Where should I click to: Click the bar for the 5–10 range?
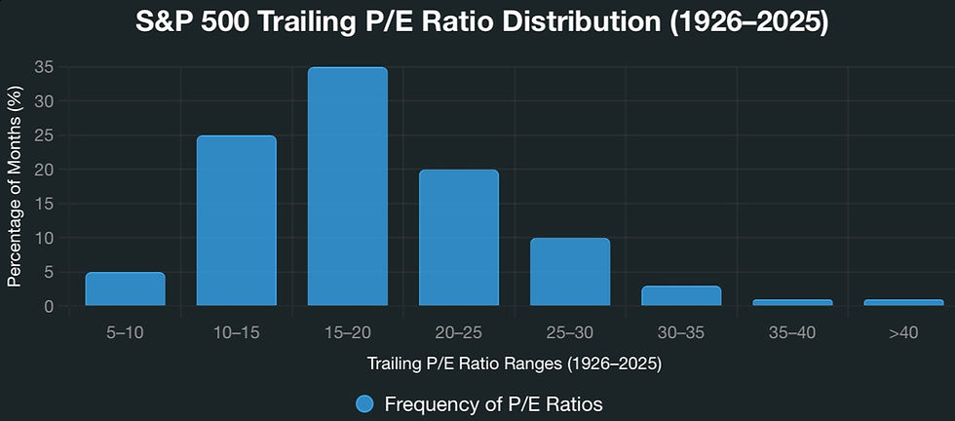tap(125, 289)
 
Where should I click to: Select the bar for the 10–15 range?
tap(236, 221)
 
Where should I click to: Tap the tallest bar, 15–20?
tap(347, 187)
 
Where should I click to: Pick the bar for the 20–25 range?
tap(458, 238)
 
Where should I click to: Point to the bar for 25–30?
tap(570, 272)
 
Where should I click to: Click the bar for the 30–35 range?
tap(681, 296)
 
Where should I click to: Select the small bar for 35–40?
tap(792, 302)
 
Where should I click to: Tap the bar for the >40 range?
tap(903, 302)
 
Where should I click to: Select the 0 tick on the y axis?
tap(48, 306)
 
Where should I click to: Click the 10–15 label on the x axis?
tap(236, 333)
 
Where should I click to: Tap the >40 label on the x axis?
tap(903, 333)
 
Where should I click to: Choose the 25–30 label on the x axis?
tap(570, 333)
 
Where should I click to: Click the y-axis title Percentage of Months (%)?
tap(14, 186)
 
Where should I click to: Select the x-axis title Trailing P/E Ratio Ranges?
tap(514, 364)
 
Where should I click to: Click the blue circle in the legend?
tap(364, 403)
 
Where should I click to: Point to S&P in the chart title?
tap(166, 23)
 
